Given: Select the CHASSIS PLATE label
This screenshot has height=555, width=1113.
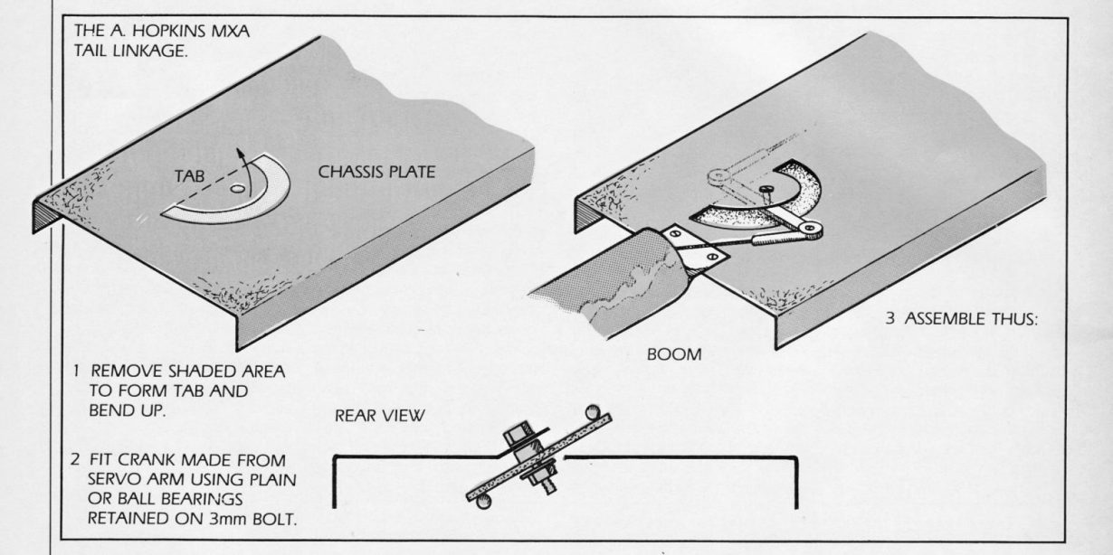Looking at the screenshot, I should tap(376, 171).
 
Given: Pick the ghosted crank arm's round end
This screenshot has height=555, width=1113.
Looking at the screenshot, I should tap(714, 170).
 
